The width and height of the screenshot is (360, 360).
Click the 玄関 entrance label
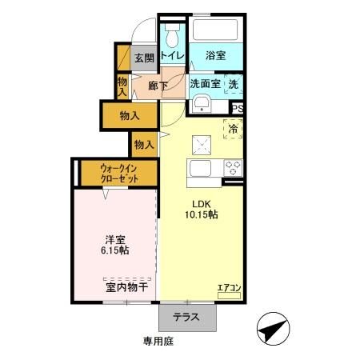coord(143,57)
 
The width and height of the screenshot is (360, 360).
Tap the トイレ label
coord(172,55)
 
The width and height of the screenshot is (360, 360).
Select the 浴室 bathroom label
coord(214,55)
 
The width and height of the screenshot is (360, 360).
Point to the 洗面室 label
coord(205,83)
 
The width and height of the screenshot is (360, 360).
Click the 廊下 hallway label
coord(158,85)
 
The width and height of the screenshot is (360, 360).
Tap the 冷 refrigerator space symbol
coord(234,129)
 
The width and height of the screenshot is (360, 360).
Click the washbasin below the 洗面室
coord(201,104)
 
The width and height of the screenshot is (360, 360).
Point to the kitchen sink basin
coord(199,169)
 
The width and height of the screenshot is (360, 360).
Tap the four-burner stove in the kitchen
coord(233,168)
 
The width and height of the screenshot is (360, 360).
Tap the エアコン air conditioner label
coord(229,287)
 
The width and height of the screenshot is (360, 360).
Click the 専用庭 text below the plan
coord(158,341)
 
